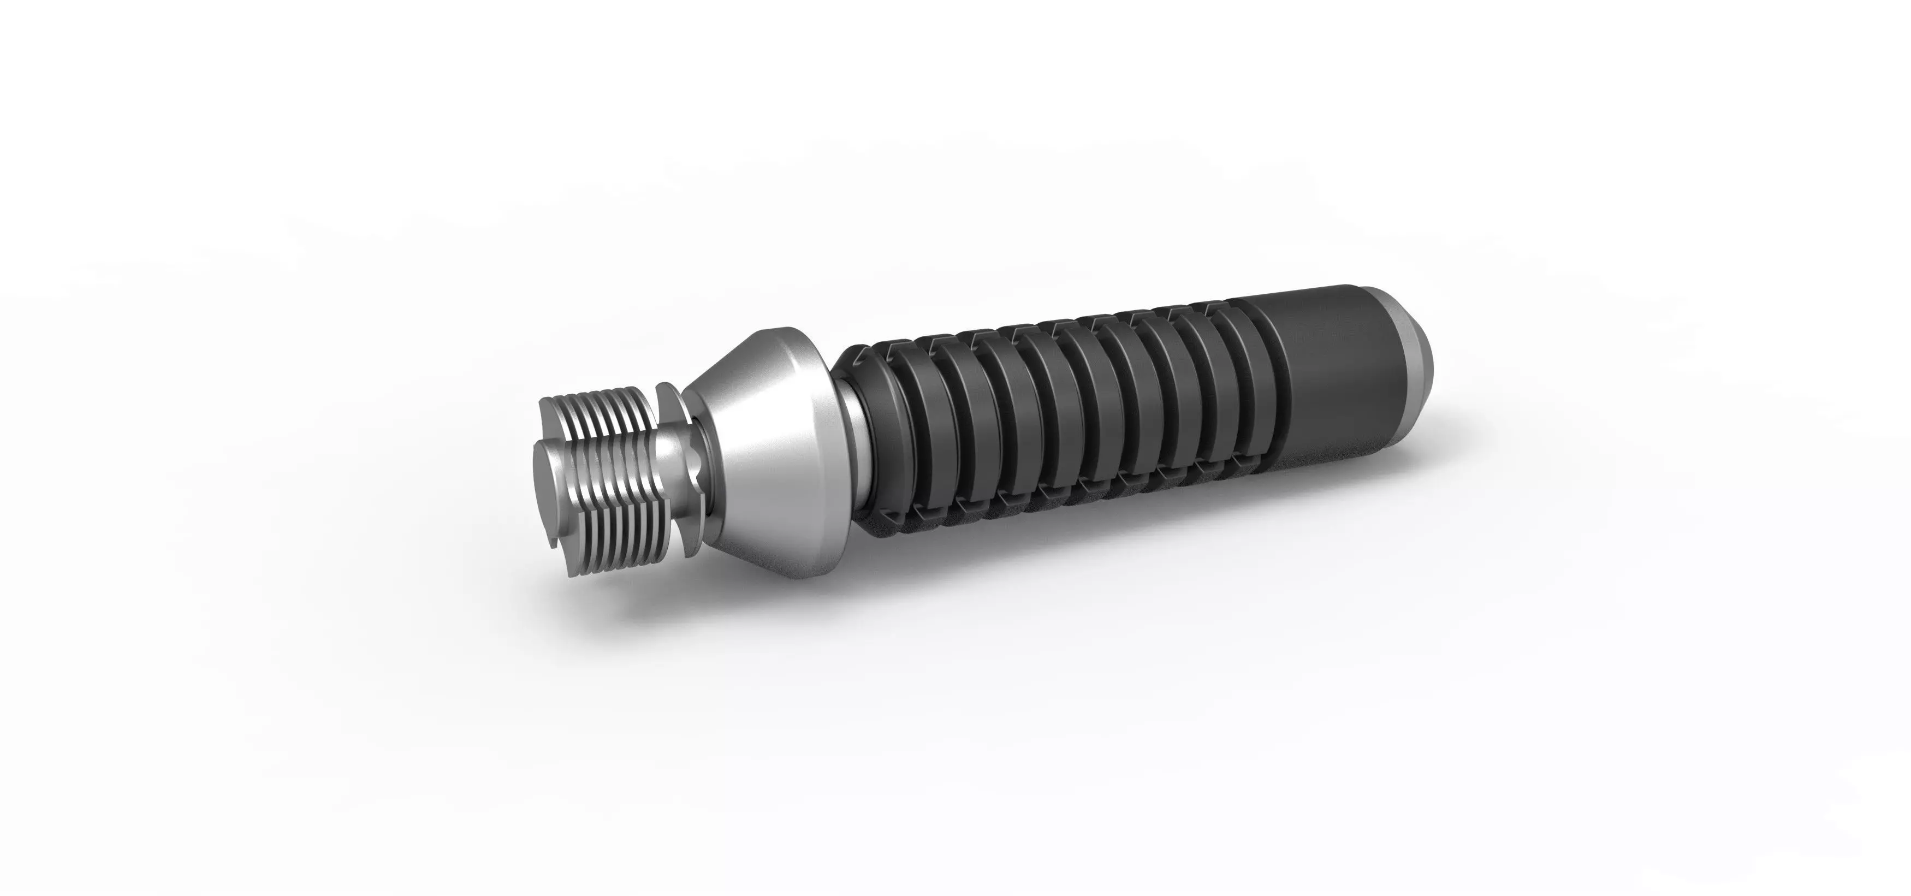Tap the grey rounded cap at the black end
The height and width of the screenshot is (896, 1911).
1413,348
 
